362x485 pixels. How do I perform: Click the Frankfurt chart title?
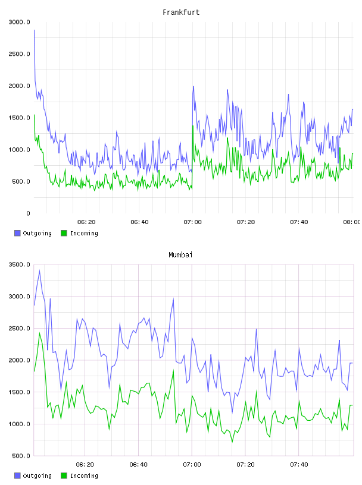point(181,12)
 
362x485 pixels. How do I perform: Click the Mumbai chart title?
point(180,255)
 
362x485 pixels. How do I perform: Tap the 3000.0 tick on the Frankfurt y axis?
point(19,22)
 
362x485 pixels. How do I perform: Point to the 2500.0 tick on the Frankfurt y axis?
point(19,54)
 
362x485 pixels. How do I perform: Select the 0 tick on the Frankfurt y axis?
point(28,213)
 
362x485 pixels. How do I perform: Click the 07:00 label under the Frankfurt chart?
point(192,222)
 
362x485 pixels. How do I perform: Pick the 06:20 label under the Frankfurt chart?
point(86,222)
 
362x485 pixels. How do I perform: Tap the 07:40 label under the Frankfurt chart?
point(299,222)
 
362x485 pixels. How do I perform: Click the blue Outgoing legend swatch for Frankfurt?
point(17,233)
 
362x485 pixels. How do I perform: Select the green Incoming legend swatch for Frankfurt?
point(64,233)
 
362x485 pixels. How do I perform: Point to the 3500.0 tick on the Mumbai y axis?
point(19,264)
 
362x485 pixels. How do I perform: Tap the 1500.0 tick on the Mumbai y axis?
point(19,392)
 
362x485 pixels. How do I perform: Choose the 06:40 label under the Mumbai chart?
point(139,465)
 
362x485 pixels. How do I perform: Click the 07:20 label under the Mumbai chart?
point(245,465)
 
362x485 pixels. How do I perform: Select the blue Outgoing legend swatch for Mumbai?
point(17,475)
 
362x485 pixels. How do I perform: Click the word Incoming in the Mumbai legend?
point(84,476)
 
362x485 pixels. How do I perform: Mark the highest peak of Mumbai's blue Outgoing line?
point(39,270)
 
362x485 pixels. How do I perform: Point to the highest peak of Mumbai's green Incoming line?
point(39,333)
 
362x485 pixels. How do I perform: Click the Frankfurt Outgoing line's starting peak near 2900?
point(34,30)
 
